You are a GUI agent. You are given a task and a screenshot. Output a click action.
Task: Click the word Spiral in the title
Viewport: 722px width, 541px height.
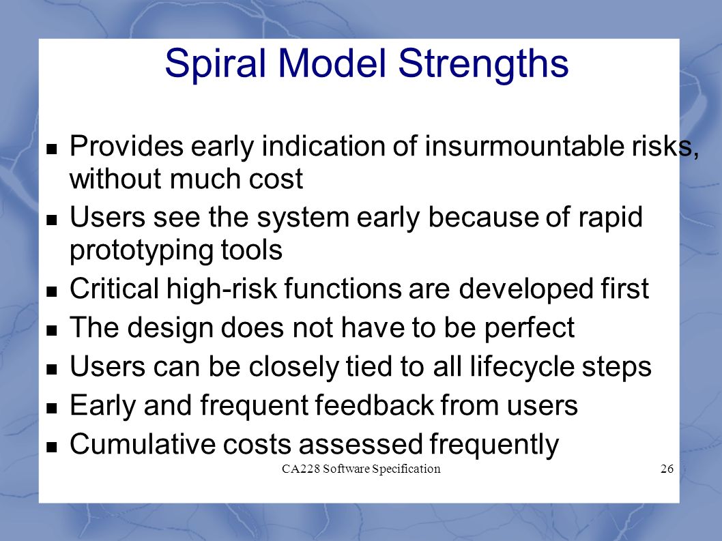tap(216, 63)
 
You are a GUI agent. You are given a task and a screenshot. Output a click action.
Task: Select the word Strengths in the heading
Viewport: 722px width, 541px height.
tap(483, 63)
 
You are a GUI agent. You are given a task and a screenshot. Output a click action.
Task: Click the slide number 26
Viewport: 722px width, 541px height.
tap(667, 469)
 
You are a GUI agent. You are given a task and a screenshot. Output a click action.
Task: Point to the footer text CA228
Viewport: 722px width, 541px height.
tap(300, 469)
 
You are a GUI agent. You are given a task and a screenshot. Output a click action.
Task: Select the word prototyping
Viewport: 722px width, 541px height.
tap(141, 251)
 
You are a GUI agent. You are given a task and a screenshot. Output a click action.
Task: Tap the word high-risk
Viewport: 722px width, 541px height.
tap(222, 289)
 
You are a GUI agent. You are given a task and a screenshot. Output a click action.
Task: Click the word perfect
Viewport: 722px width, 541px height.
tap(529, 328)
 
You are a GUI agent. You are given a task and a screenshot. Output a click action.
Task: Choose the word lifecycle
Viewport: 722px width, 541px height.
tap(521, 367)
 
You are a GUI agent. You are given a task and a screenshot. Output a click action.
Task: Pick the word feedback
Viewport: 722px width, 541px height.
tap(374, 406)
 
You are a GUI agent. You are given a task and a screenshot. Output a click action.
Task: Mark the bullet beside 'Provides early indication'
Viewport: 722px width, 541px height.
tap(52, 148)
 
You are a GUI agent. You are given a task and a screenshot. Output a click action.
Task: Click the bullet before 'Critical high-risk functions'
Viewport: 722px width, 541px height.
tap(52, 291)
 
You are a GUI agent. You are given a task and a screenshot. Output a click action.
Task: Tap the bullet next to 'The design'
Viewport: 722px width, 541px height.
tap(52, 330)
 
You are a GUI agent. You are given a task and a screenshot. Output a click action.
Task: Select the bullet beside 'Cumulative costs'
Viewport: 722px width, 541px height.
tap(52, 446)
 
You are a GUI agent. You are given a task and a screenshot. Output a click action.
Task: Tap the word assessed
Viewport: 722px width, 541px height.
tap(360, 444)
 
